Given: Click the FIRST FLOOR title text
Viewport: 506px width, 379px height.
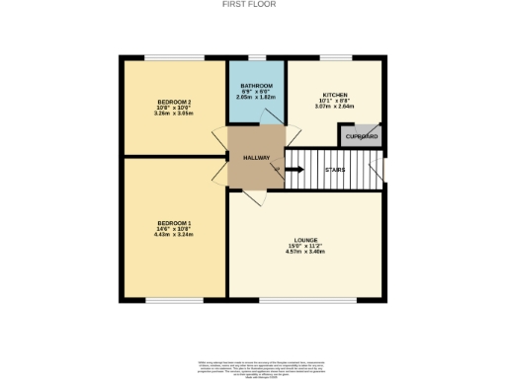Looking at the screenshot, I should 252,4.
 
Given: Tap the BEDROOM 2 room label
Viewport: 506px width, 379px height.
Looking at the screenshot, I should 173,103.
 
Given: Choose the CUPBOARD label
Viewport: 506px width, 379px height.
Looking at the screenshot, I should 361,136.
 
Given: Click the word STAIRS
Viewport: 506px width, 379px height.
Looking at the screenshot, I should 333,170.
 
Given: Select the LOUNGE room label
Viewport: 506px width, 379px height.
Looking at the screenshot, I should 305,238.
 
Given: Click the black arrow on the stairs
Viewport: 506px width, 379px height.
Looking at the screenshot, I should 295,170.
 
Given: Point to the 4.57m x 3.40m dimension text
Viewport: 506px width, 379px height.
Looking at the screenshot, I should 305,252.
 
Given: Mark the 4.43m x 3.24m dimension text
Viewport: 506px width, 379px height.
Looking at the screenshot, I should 173,236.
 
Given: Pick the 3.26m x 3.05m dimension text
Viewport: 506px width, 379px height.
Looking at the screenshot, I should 173,114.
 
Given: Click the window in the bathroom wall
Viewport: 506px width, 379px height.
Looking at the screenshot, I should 257,58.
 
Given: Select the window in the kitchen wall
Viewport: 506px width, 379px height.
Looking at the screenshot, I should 334,58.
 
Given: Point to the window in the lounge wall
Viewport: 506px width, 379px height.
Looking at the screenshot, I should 305,299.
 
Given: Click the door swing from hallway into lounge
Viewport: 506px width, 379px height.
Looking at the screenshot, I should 254,196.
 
